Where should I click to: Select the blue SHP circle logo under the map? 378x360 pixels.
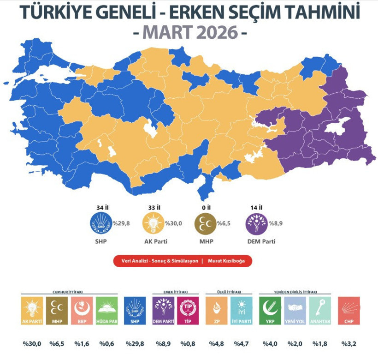[x=100, y=224]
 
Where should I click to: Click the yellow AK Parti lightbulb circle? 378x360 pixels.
[x=153, y=224]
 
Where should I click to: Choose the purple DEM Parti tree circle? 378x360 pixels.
[x=257, y=224]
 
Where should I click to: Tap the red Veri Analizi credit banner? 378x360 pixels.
[x=183, y=261]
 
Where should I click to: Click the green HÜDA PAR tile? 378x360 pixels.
[x=107, y=311]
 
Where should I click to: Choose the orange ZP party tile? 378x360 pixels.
[x=217, y=311]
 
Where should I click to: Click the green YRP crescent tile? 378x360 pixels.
[x=271, y=311]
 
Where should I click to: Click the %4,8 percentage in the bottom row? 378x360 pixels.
[x=217, y=343]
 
